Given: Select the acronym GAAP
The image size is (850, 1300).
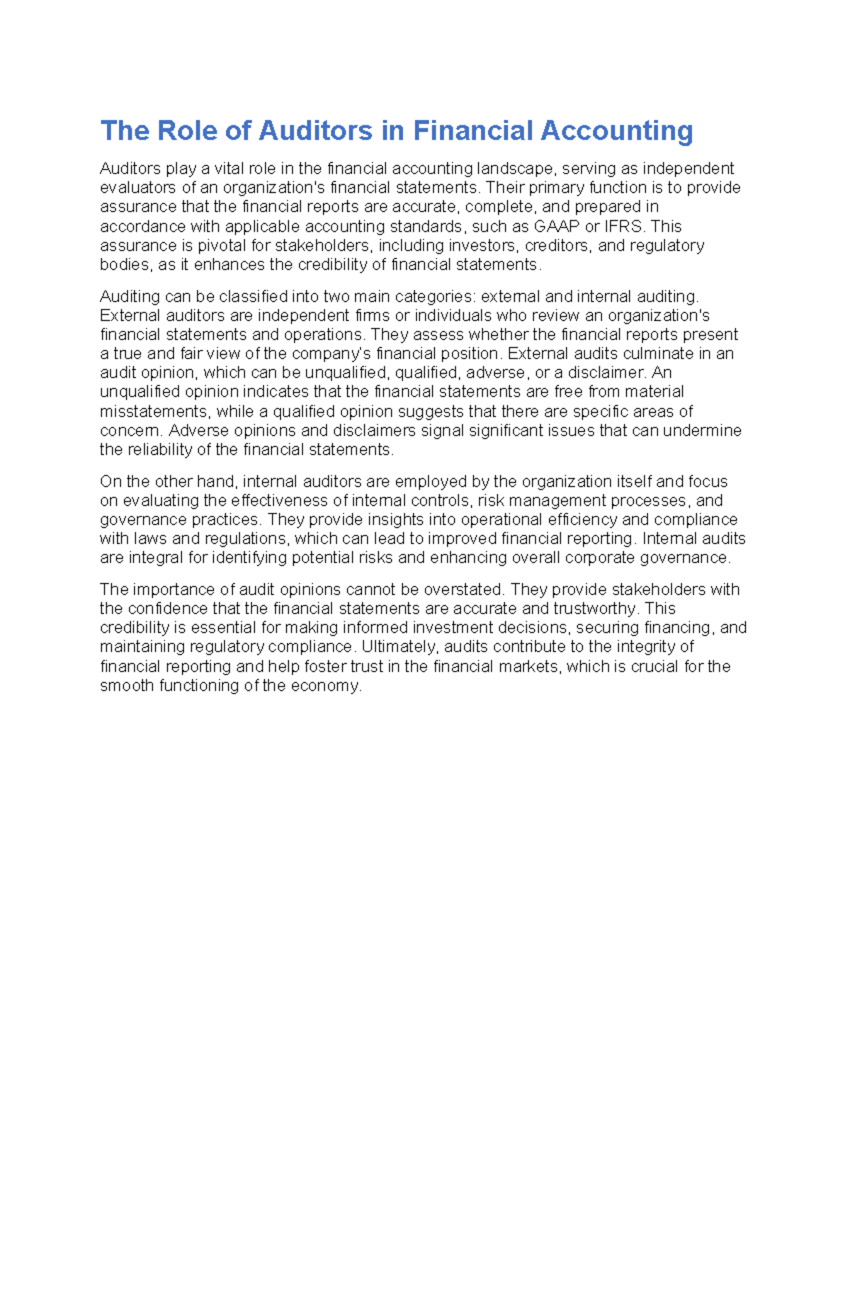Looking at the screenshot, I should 557,227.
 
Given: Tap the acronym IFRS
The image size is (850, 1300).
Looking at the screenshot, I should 624,227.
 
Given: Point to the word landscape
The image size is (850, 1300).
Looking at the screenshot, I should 515,169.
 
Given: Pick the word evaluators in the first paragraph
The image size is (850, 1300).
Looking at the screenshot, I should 137,188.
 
